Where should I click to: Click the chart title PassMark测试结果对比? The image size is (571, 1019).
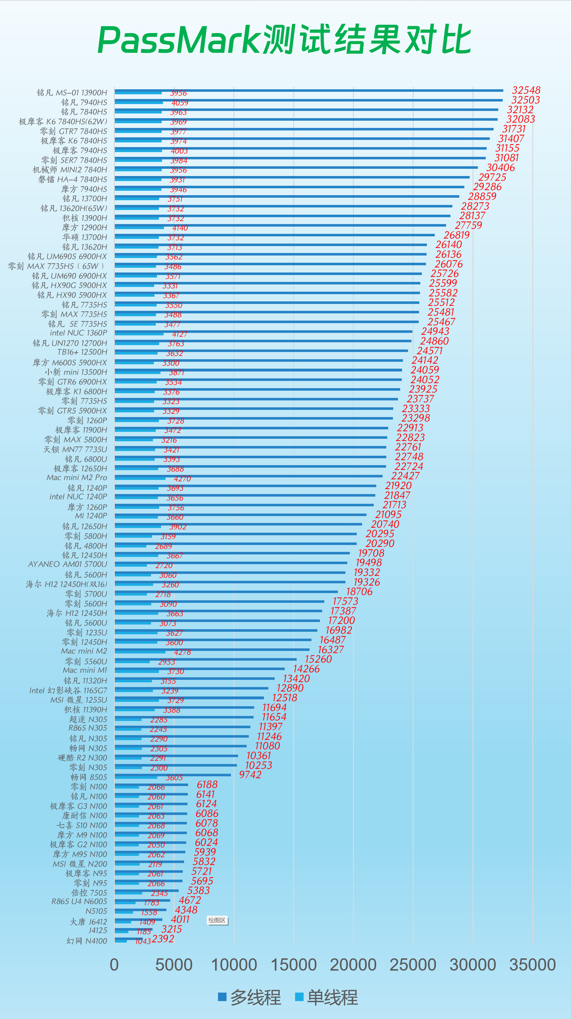[x=284, y=40]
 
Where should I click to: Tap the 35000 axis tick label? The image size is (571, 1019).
[x=532, y=965]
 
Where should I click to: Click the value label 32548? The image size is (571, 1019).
[x=526, y=90]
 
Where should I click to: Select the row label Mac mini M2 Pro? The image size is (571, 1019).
[x=77, y=478]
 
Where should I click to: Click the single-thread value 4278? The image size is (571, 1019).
[x=182, y=652]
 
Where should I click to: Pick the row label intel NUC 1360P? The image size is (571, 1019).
[x=78, y=333]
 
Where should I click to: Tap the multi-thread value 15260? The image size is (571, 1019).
[x=318, y=659]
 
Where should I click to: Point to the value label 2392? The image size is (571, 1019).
[x=163, y=939]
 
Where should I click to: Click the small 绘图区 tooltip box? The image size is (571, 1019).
[x=217, y=921]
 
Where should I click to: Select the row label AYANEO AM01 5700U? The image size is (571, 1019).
[x=68, y=565]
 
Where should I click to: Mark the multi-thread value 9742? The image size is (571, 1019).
[x=250, y=775]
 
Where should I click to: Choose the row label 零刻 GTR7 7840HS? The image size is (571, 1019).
[x=73, y=131]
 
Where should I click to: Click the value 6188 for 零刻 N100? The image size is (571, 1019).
[x=207, y=785]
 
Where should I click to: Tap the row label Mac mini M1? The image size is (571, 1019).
[x=85, y=670]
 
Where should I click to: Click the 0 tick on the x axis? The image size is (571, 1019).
[x=114, y=965]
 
